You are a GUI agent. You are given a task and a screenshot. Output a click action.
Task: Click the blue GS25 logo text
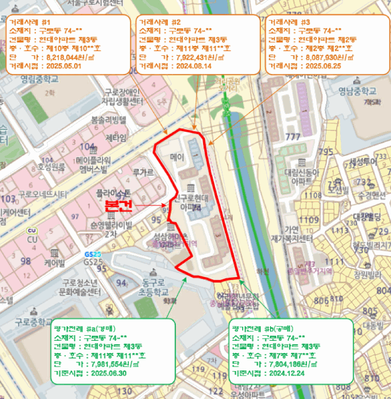tap(92, 254)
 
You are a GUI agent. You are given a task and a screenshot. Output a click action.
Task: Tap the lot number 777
tap(293, 137)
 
